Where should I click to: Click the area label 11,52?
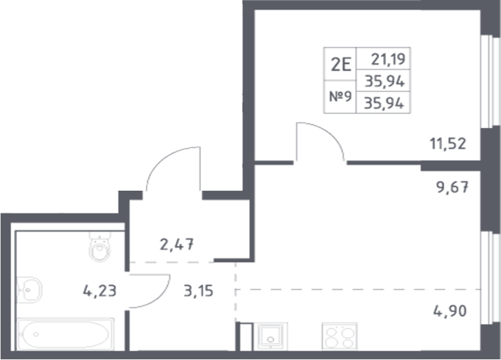click(x=448, y=143)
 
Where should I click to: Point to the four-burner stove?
click(x=340, y=338)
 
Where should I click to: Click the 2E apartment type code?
click(x=340, y=63)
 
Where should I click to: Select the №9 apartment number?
click(x=340, y=96)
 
